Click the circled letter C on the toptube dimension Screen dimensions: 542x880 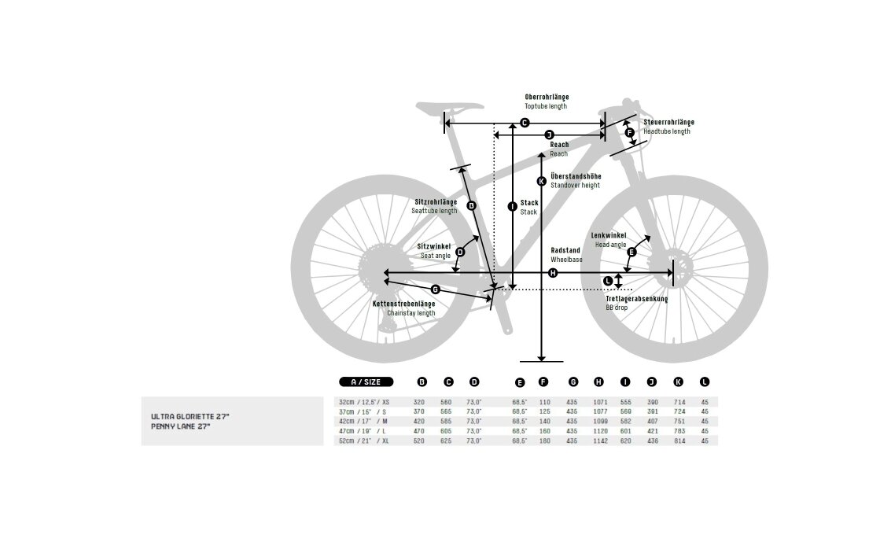point(525,123)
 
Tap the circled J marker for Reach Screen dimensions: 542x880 point(549,135)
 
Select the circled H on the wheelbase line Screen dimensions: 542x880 point(553,273)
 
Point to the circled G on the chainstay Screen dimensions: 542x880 point(435,289)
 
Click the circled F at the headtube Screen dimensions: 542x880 point(630,133)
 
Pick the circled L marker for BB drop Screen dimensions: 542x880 point(607,281)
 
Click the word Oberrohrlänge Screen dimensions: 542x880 point(547,97)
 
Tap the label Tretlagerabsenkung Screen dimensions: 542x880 point(636,299)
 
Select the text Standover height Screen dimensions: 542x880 point(575,185)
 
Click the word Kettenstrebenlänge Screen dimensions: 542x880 point(404,304)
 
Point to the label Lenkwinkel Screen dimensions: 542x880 point(609,235)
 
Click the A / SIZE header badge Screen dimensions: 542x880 point(366,382)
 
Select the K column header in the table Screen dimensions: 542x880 point(678,382)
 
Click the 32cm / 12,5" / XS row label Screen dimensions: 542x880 point(365,402)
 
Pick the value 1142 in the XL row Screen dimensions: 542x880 point(598,441)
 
